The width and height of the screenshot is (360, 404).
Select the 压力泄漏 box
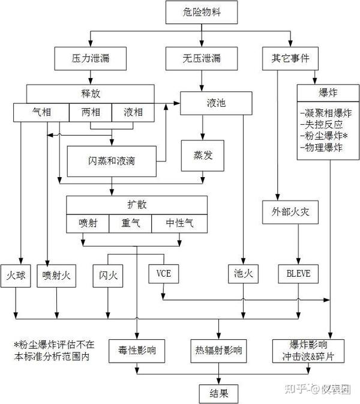point(90,59)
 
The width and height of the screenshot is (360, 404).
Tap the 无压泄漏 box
point(202,59)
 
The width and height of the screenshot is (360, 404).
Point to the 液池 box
point(212,103)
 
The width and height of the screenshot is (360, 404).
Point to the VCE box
point(164,274)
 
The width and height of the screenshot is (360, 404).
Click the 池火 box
point(242,274)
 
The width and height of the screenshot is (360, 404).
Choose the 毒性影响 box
point(137,351)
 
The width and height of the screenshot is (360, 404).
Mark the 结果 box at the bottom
point(218,393)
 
